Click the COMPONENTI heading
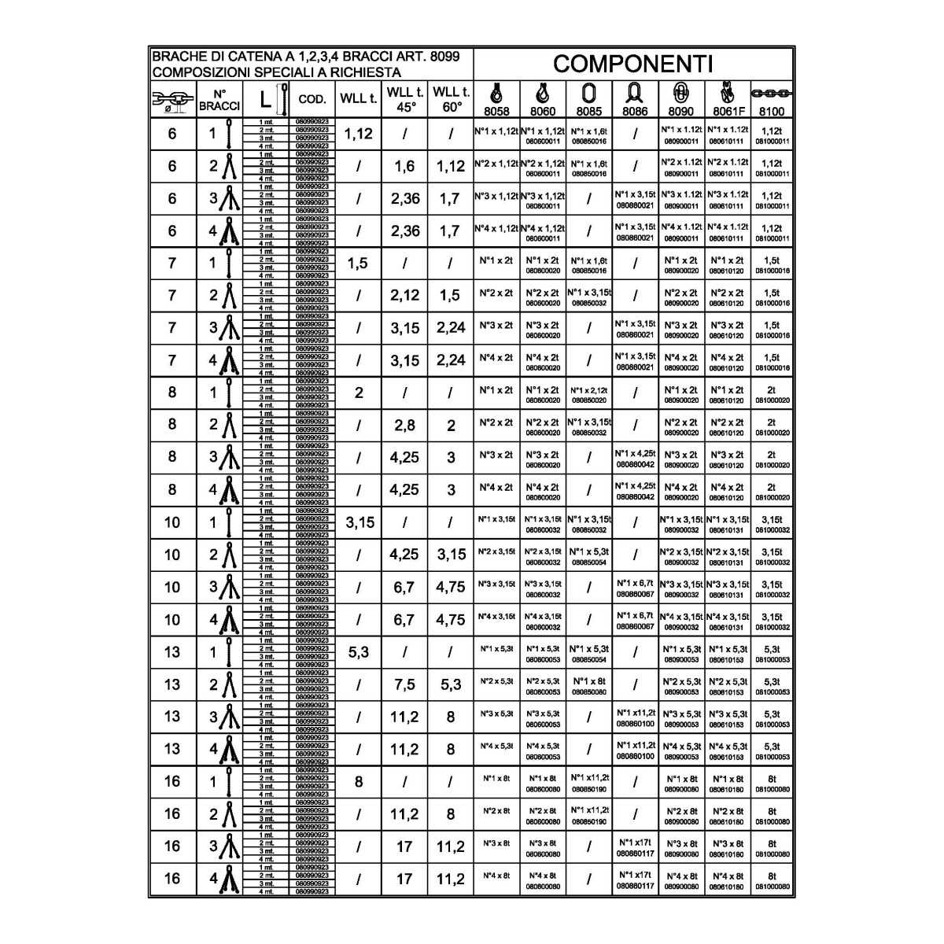tap(632, 64)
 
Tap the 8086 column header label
tap(634, 112)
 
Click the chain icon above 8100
tap(772, 93)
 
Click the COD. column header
tap(312, 100)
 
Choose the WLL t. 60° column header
tap(452, 99)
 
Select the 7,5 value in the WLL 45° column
tap(404, 684)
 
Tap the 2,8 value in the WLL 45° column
tap(404, 426)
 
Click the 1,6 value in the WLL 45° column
tap(404, 166)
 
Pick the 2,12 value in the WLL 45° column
tap(404, 296)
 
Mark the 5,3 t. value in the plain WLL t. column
tap(359, 651)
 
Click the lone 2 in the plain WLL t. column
tap(359, 393)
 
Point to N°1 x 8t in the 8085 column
tap(589, 681)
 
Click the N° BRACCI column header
tap(219, 100)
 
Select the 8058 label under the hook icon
tap(496, 112)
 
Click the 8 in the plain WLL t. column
tap(359, 781)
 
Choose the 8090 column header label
tap(681, 112)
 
